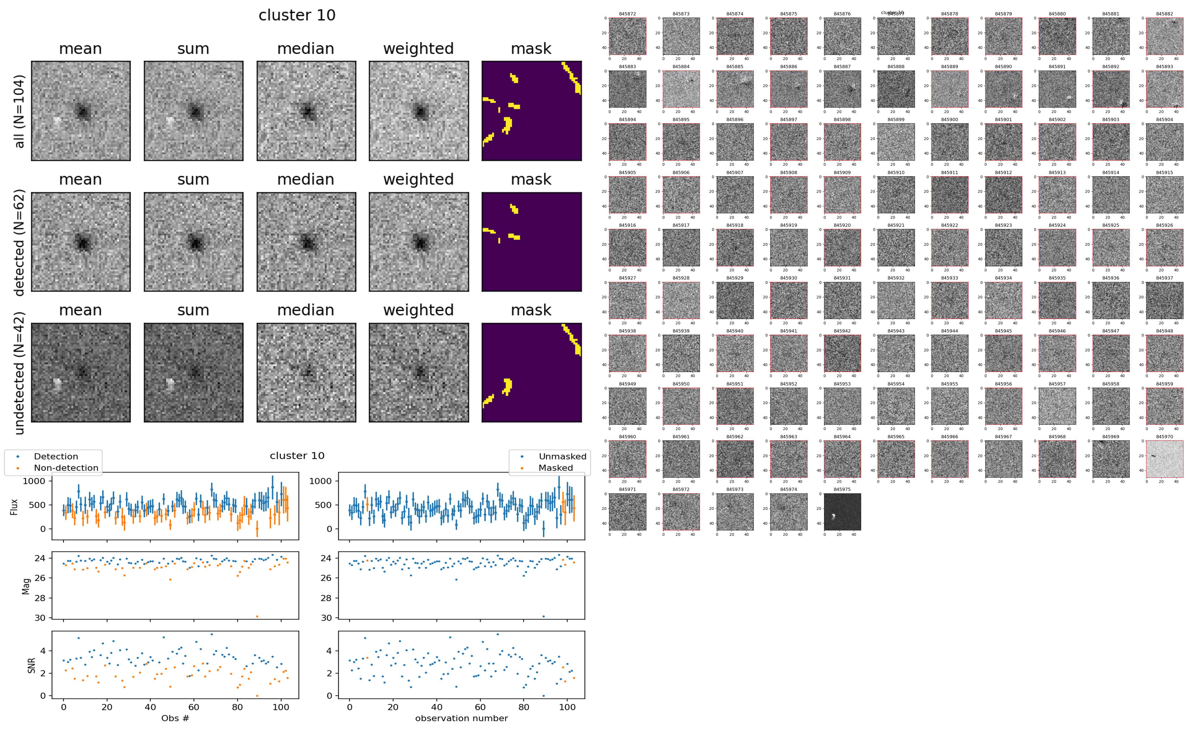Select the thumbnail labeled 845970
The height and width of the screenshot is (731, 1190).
click(x=1164, y=459)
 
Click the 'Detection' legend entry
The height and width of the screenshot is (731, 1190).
click(x=56, y=456)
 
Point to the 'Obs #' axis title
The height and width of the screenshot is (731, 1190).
click(x=175, y=718)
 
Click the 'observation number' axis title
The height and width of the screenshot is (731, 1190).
click(x=461, y=718)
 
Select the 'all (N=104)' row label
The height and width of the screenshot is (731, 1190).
click(x=19, y=111)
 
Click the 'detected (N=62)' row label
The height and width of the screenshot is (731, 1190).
click(x=19, y=242)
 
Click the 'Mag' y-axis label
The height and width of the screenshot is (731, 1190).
click(x=27, y=586)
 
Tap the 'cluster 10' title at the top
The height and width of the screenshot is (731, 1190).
click(x=297, y=15)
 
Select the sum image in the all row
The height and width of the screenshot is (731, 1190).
click(x=193, y=111)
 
